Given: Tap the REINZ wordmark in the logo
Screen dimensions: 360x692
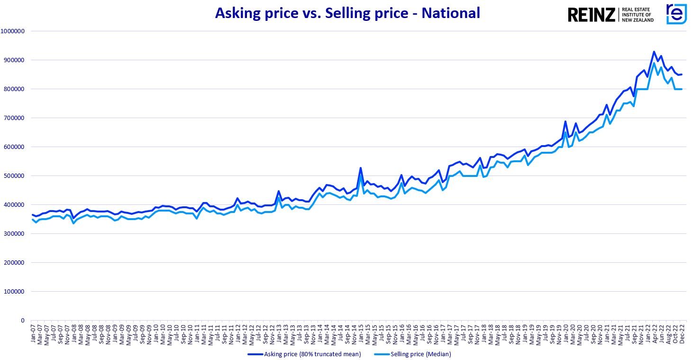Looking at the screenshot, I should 591,15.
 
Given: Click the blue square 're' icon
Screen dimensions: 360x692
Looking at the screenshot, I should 676,14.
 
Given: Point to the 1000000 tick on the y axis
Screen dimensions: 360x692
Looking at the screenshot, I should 15,31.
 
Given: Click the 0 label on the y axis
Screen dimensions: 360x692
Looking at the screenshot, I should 22,321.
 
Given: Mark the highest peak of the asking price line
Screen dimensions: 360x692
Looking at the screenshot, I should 654,52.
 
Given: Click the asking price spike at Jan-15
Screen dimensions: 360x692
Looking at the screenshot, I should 361,168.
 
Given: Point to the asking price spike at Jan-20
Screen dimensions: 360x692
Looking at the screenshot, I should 565,121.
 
